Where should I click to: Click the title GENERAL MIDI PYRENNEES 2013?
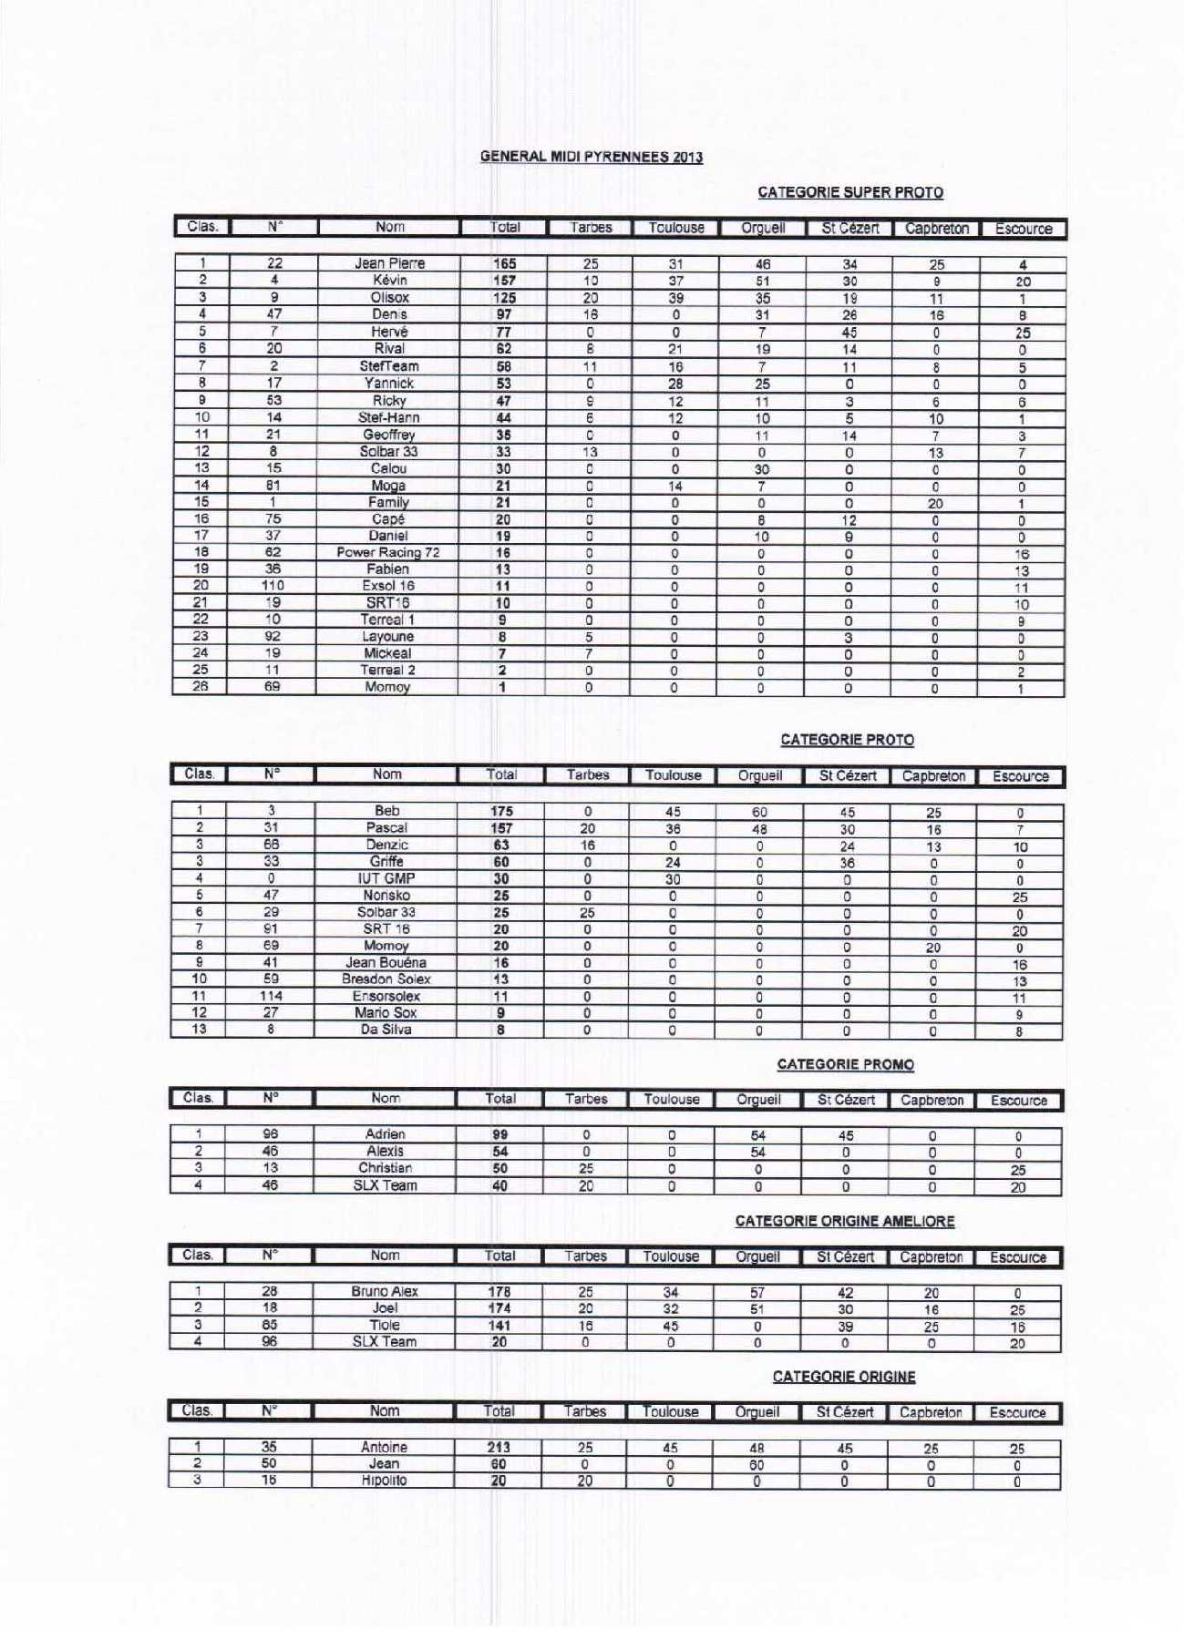[591, 157]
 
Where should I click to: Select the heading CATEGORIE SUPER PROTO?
[849, 192]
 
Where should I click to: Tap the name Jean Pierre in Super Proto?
[389, 263]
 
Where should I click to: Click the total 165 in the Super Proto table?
[504, 263]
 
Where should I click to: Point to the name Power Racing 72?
[387, 552]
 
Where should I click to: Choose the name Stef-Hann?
[389, 417]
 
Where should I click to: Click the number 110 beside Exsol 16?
[273, 586]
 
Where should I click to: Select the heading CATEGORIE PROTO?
[847, 740]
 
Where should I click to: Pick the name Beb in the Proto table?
[386, 810]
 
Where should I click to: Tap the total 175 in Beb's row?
[501, 811]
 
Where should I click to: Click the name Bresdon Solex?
[386, 979]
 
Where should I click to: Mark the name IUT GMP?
[386, 878]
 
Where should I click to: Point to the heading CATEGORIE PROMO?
[845, 1064]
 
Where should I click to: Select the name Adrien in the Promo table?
[385, 1134]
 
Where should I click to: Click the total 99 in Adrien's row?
[499, 1135]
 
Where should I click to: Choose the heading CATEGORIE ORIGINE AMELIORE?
[844, 1221]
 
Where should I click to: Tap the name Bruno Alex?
[384, 1291]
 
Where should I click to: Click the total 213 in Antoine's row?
[498, 1447]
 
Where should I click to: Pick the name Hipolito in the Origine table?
[384, 1481]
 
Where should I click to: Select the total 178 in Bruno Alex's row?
[499, 1292]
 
